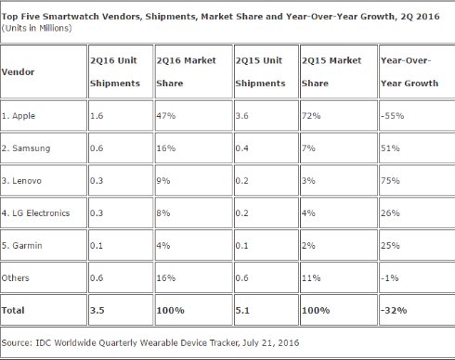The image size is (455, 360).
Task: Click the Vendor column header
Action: pos(18,72)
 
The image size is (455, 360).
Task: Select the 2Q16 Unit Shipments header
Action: pos(115,71)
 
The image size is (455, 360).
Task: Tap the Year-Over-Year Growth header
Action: pos(409,71)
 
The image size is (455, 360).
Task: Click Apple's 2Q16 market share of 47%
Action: pos(166,116)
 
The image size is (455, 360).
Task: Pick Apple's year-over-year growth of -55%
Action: pos(392,116)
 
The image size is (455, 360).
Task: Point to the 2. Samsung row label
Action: pos(26,148)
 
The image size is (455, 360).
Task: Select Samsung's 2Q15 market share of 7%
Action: pos(308,148)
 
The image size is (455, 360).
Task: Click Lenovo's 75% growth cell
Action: pos(390,181)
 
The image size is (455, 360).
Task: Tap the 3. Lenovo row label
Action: pos(21,181)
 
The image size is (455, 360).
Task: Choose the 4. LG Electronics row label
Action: pos(35,213)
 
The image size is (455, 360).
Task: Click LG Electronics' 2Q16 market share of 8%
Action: pos(163,213)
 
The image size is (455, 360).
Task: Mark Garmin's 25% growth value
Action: pos(390,246)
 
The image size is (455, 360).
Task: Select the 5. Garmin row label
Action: pos(21,246)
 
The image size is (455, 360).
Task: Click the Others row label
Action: pos(15,278)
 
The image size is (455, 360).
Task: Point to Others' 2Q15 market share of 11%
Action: pos(311,278)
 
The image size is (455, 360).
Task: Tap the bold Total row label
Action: pos(13,310)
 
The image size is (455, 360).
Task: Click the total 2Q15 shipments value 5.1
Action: pos(242,310)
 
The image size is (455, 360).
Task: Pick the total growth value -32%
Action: pos(394,310)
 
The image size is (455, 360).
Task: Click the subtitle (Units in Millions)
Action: pos(36,28)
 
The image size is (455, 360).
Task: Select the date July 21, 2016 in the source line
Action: pos(270,342)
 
